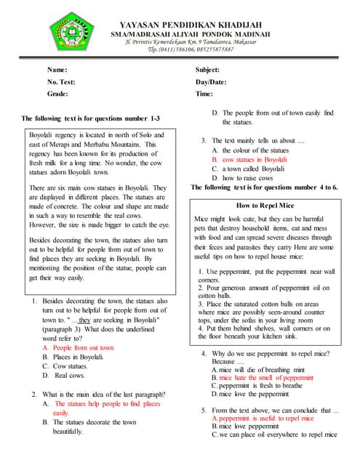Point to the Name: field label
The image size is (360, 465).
(x=57, y=70)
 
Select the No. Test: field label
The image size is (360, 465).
(x=61, y=82)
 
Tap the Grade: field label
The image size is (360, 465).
(x=58, y=94)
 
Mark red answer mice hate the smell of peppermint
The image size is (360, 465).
(x=262, y=378)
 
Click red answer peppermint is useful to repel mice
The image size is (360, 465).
(x=263, y=418)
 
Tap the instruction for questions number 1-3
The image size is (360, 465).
(x=91, y=118)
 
